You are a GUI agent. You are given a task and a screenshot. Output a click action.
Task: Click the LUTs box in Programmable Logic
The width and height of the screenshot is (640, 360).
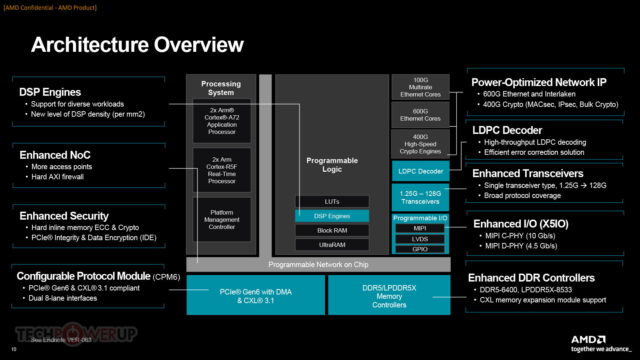point(332,202)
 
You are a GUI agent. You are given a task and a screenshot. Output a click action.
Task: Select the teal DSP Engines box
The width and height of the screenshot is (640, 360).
point(332,216)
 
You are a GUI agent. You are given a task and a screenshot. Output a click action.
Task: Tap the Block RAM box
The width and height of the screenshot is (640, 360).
point(332,230)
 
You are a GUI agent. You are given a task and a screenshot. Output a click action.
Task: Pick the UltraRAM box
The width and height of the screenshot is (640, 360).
point(332,245)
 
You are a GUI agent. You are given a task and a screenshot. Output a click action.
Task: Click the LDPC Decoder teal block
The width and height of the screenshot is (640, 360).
point(420,171)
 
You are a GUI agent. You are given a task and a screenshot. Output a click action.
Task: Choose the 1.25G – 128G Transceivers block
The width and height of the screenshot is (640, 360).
point(420,197)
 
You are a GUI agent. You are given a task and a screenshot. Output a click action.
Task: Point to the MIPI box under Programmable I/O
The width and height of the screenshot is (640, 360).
point(420,228)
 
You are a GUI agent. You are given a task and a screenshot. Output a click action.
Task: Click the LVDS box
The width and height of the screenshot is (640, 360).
point(420,239)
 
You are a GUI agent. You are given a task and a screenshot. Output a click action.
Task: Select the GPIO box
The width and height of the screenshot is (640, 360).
point(420,249)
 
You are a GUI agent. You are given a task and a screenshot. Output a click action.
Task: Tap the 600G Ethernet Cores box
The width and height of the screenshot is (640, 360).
point(420,115)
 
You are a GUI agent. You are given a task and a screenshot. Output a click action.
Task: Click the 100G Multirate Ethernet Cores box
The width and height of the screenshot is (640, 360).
point(420,87)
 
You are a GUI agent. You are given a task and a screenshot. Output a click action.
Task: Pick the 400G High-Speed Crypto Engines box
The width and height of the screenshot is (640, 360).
point(420,144)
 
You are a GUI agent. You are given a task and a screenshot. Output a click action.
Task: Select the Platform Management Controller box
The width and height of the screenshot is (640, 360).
point(222,220)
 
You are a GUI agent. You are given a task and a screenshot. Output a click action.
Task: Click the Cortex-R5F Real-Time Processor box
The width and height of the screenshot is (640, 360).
point(222,170)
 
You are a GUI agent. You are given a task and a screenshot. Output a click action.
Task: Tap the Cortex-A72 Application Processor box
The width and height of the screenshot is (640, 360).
point(222,121)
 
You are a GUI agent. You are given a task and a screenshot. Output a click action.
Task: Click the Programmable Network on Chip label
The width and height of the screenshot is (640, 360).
point(319,265)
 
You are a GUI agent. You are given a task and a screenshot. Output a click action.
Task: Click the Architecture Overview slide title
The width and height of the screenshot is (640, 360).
point(138,45)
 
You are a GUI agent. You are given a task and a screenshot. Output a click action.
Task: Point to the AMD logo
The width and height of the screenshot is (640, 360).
point(589,339)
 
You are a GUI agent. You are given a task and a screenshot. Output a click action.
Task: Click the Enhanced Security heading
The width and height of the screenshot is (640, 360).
point(64,216)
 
